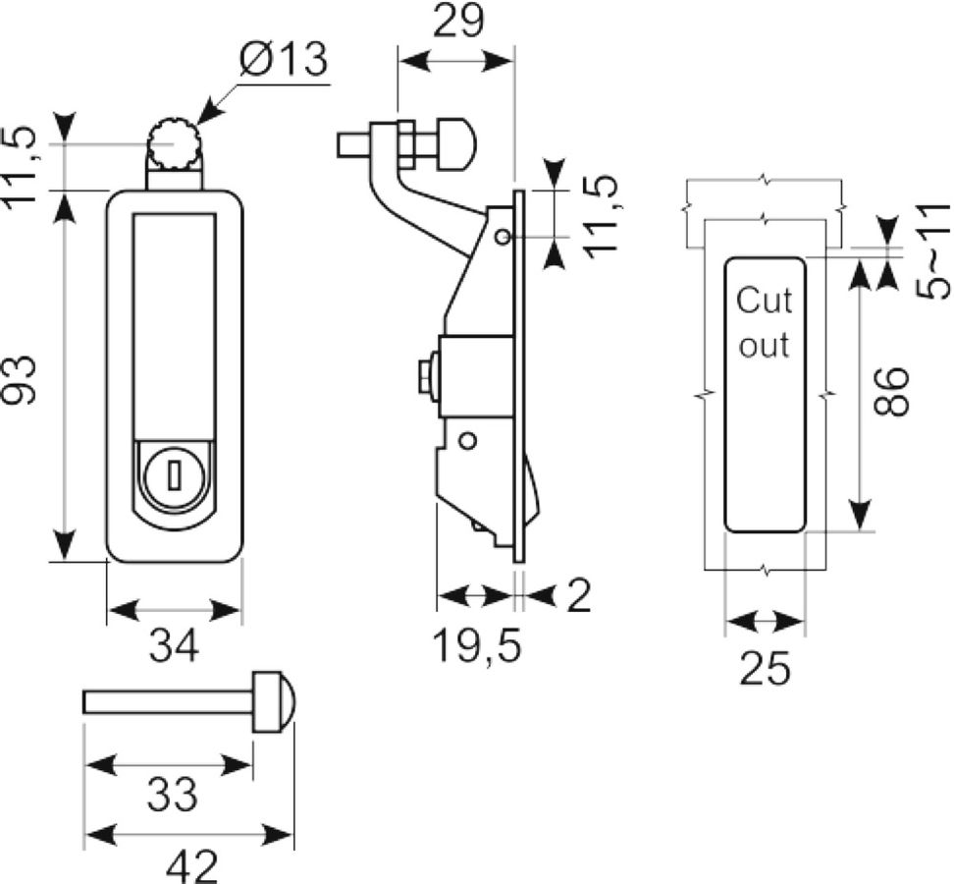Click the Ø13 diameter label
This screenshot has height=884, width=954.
284,60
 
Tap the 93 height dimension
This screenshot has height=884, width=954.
20,380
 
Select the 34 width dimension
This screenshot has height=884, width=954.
174,646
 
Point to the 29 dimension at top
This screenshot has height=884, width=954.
458,21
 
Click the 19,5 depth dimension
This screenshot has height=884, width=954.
477,646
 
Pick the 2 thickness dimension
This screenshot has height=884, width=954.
579,595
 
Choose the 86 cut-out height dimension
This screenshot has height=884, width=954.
889,392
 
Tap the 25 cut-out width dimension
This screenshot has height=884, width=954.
765,668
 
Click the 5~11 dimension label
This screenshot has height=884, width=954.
934,251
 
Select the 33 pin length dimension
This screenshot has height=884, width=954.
172,795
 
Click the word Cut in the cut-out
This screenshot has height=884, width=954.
765,301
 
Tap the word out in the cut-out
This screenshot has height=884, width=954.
765,345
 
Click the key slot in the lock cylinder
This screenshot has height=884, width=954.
176,474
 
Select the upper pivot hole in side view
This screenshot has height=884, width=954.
502,236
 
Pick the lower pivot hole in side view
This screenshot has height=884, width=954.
467,440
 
